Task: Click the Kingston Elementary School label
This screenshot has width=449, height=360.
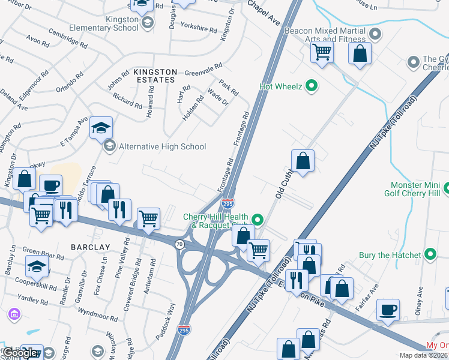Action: point(103,23)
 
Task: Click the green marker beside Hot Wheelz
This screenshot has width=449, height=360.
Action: point(312,86)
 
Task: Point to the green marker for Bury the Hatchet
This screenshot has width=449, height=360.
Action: point(430,255)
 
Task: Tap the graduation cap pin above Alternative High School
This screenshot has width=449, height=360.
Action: point(101,128)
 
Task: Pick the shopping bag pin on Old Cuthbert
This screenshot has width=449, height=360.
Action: point(303,161)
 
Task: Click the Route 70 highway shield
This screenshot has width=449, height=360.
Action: point(179,244)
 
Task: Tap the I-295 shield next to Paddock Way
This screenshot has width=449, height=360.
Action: point(185,330)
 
